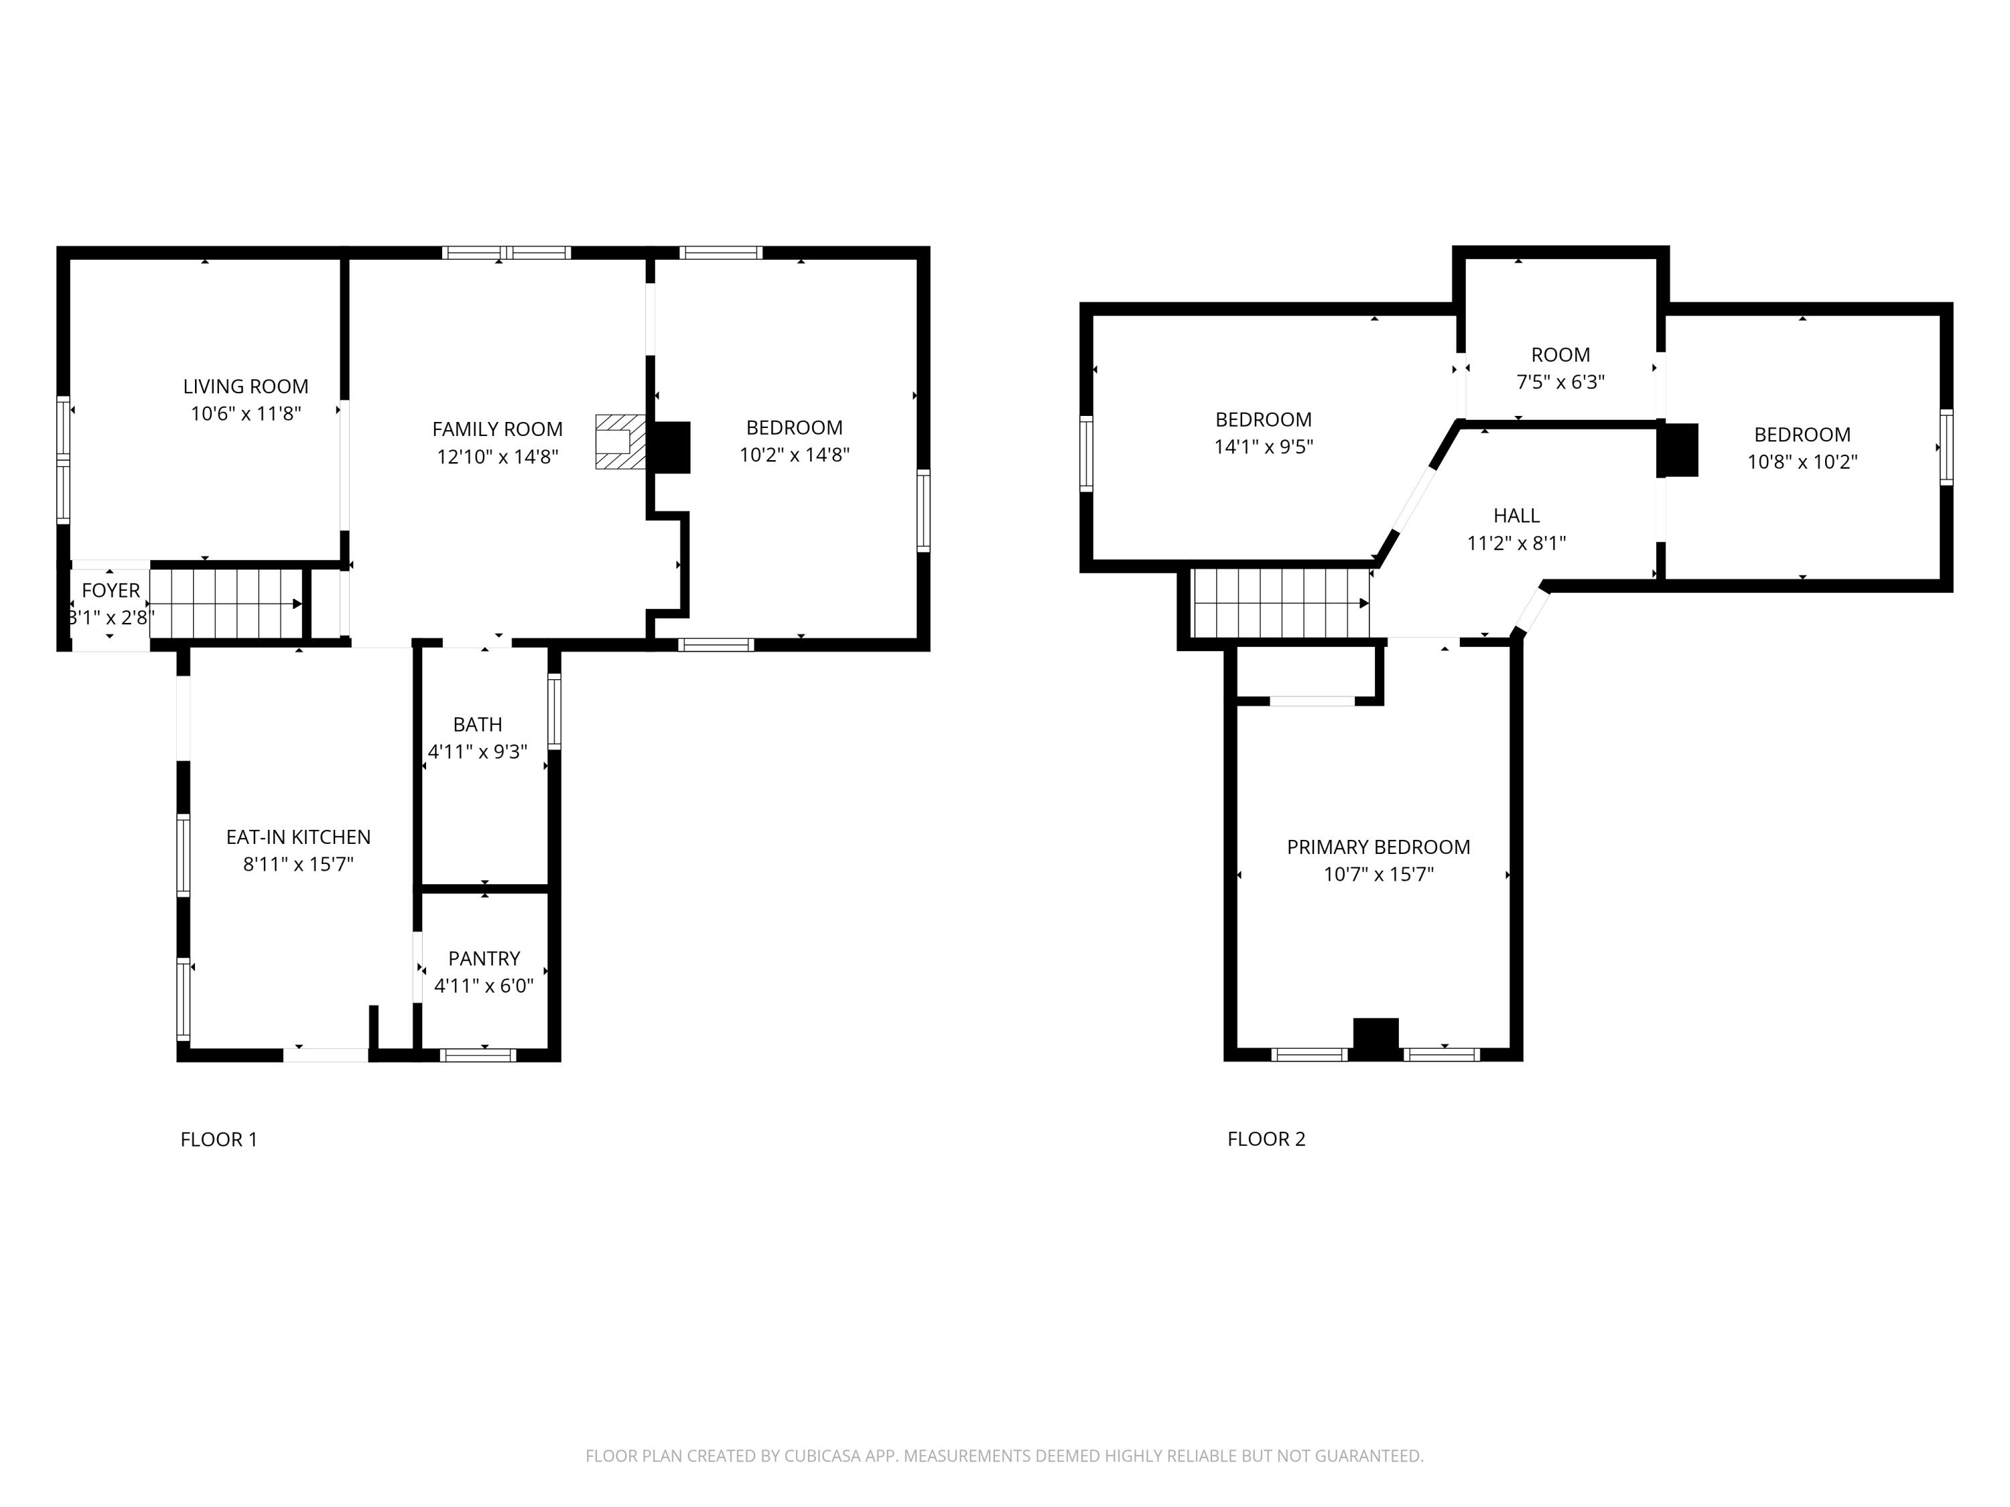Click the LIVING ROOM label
[245, 386]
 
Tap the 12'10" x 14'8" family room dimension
[497, 456]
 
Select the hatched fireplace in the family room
[620, 442]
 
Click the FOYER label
[111, 591]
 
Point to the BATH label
[477, 724]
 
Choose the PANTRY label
[484, 958]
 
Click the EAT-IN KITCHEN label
[298, 837]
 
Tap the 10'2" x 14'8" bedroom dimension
[793, 454]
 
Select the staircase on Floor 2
[1280, 603]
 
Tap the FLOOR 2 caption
[1266, 1139]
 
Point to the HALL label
[1516, 516]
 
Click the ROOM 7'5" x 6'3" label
[1560, 355]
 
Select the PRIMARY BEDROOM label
[1378, 847]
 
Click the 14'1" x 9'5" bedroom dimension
[1263, 447]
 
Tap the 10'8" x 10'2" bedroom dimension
[1801, 461]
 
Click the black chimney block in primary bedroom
[1376, 1038]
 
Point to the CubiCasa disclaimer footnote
[1004, 1456]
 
